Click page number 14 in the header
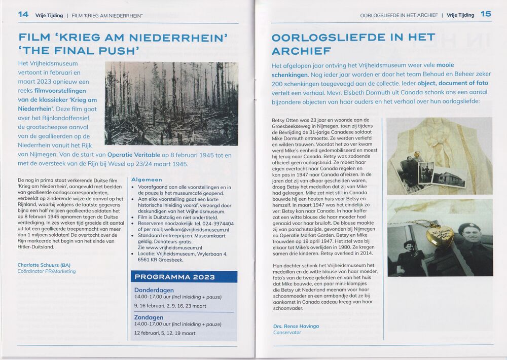pyautogui.click(x=23, y=14)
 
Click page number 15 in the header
pyautogui.click(x=485, y=14)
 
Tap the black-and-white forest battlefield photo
pyautogui.click(x=171, y=103)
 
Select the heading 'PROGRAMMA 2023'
pyautogui.click(x=174, y=277)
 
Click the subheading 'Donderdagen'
pyautogui.click(x=154, y=290)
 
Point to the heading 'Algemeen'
pyautogui.click(x=147, y=179)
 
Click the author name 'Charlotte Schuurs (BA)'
pyautogui.click(x=44, y=265)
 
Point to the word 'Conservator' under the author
pyautogui.click(x=287, y=333)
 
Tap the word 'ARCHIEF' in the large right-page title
pyautogui.click(x=301, y=51)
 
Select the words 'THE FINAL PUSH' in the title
pyautogui.click(x=79, y=51)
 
